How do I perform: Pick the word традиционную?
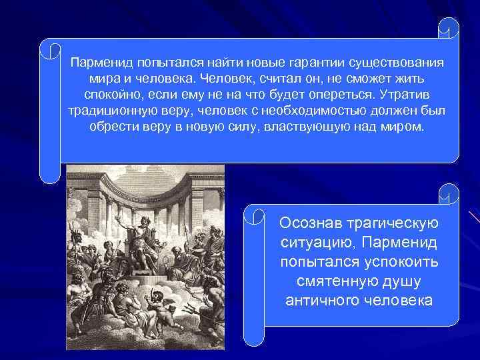(111, 109)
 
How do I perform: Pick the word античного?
(322, 300)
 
